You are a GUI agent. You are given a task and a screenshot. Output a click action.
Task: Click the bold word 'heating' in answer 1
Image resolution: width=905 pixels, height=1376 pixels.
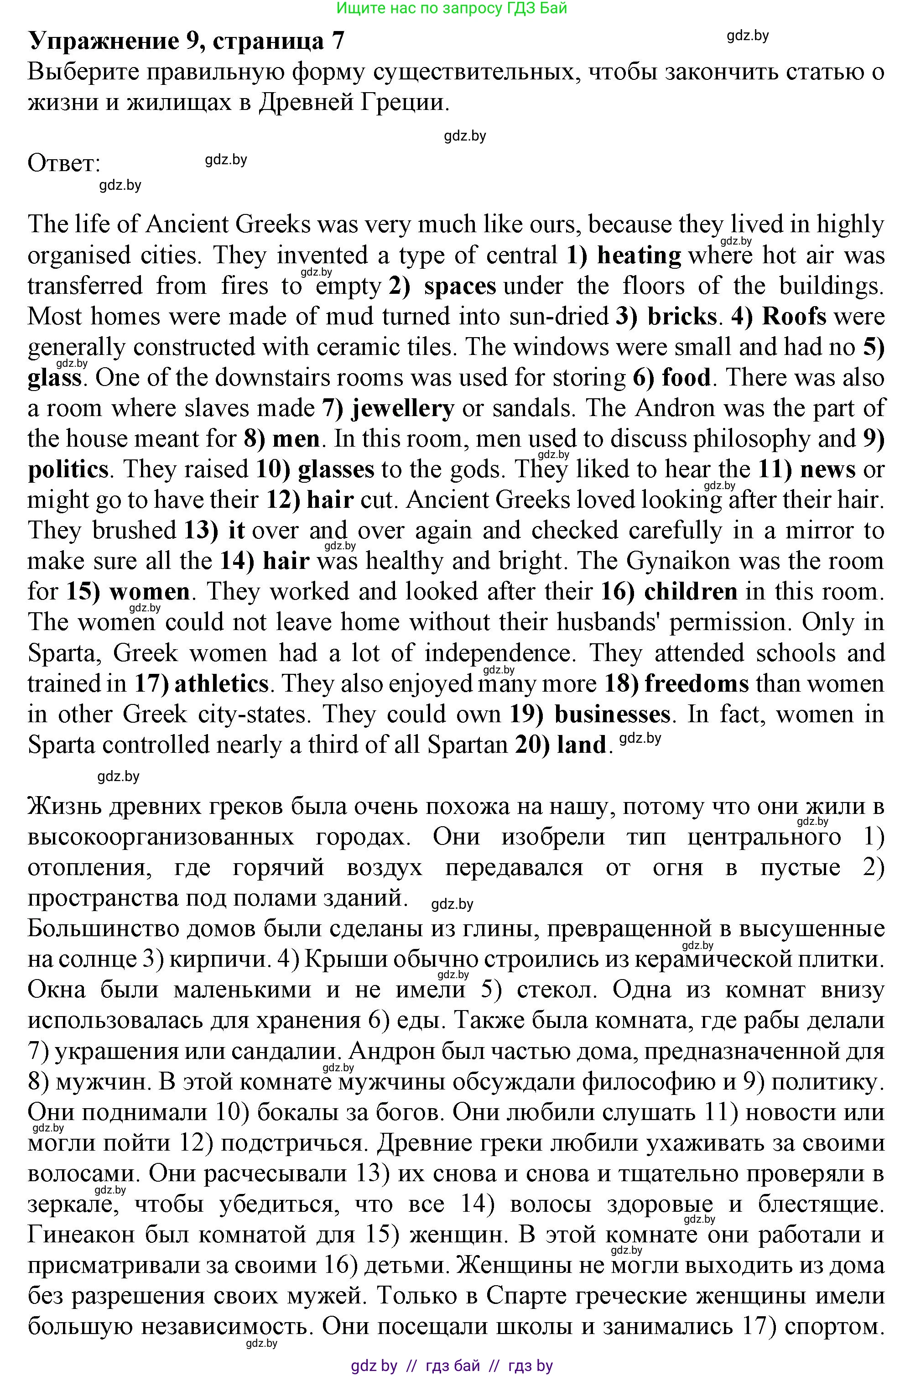[639, 255]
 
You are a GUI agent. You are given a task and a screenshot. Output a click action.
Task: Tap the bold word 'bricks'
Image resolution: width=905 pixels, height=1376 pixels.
[682, 316]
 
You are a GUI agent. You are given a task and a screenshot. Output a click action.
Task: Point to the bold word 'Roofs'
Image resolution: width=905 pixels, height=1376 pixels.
[795, 316]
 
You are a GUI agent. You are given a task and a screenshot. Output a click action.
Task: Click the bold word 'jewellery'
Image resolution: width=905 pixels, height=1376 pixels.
[403, 408]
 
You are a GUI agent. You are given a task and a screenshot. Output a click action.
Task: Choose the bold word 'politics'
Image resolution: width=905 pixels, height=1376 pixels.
[68, 469]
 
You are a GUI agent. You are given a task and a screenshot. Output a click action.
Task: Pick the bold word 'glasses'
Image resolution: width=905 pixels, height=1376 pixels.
[336, 469]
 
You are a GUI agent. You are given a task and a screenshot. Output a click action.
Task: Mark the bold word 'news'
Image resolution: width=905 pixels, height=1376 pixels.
[827, 469]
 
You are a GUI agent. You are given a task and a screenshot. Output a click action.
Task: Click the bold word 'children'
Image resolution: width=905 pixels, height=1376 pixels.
[691, 591]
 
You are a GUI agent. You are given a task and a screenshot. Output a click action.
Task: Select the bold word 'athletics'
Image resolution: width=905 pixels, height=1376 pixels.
[221, 684]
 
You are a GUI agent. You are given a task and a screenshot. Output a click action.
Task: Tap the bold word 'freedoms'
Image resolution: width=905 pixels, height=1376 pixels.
[697, 684]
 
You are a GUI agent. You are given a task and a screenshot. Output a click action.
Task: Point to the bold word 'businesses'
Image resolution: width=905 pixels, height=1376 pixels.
[612, 714]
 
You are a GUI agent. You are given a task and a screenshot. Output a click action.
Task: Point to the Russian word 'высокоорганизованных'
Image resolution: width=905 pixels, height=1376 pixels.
[161, 837]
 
